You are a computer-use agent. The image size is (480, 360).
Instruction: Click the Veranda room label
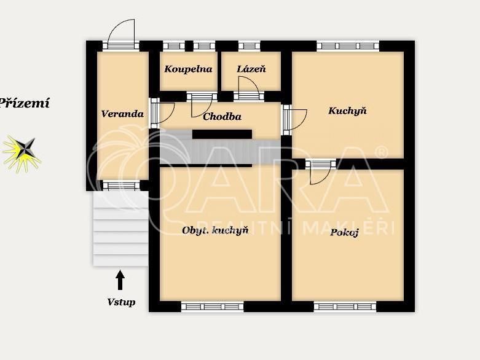click(x=122, y=114)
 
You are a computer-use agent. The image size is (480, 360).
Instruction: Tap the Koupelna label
click(x=188, y=69)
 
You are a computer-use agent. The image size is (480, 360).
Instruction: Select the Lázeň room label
click(x=251, y=69)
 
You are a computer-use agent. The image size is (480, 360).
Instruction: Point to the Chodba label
click(x=222, y=117)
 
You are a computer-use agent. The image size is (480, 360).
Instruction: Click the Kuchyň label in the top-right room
click(x=347, y=111)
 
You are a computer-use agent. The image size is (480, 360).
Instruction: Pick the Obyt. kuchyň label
click(x=215, y=230)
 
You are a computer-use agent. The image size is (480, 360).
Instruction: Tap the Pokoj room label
click(x=344, y=233)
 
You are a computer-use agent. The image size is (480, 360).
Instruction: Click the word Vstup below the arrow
click(x=121, y=302)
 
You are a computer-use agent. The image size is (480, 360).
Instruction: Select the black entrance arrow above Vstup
click(x=120, y=280)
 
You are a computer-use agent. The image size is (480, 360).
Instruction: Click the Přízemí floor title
click(x=24, y=103)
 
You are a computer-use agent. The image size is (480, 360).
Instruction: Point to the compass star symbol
click(x=22, y=152)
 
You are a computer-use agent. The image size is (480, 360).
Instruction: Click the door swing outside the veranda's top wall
click(x=122, y=34)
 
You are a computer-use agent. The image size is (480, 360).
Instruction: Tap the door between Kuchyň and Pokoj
click(x=320, y=172)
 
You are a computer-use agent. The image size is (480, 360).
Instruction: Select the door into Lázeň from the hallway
click(x=249, y=87)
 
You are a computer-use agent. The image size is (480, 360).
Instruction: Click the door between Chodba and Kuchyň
click(x=296, y=119)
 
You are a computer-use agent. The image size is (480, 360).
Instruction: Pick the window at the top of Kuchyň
click(x=348, y=46)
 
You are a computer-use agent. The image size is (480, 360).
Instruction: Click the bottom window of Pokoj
click(x=345, y=306)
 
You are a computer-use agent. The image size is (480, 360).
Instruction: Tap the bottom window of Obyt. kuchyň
click(x=213, y=306)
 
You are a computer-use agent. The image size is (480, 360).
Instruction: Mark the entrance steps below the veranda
click(x=121, y=229)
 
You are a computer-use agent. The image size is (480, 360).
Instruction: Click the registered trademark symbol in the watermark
click(x=382, y=152)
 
